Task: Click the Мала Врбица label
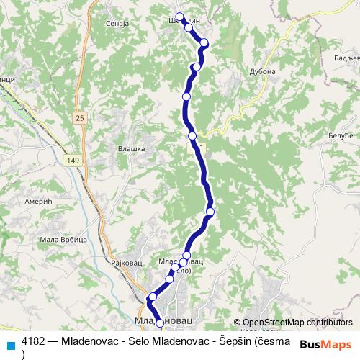63,239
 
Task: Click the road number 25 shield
78,117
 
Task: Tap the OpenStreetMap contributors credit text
297,323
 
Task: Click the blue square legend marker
10,344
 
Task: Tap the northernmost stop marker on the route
179,18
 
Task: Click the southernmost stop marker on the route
160,323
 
